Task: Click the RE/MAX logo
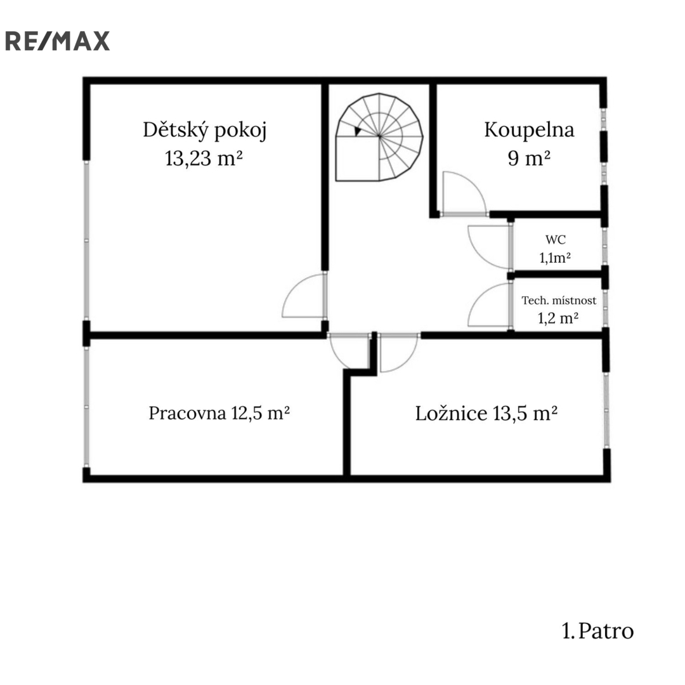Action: [57, 41]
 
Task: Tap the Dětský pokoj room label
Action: [204, 130]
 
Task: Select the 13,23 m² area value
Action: [204, 158]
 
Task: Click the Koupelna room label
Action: [529, 130]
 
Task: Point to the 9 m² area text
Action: [528, 158]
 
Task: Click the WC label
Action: [555, 239]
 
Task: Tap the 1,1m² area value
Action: [555, 258]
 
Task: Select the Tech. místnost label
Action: [559, 301]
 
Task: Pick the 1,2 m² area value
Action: [558, 318]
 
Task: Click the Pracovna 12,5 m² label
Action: [219, 413]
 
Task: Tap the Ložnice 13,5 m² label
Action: [486, 414]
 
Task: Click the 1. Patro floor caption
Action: [597, 631]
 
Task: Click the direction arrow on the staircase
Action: [358, 131]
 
